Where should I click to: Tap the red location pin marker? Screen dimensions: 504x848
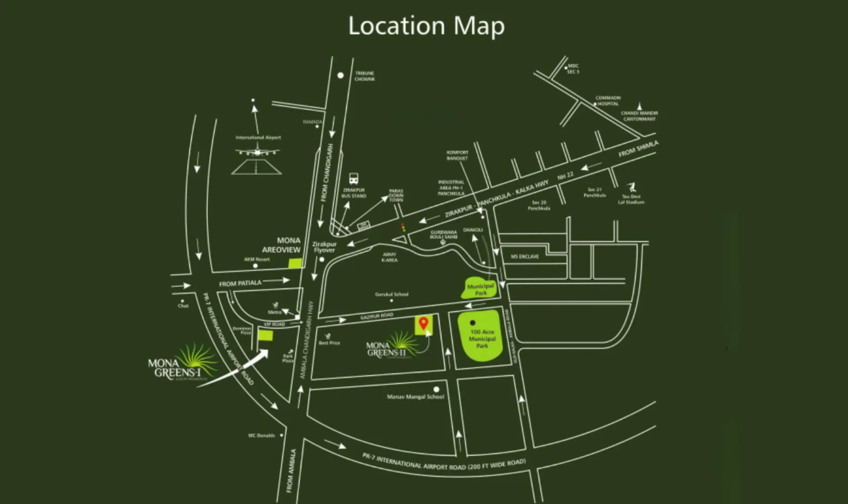(424, 323)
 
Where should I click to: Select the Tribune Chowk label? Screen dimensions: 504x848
(364, 76)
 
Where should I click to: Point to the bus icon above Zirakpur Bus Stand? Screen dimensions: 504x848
(354, 178)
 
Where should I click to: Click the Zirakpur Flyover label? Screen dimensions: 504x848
(324, 247)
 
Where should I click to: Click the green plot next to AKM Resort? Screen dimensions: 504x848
(295, 264)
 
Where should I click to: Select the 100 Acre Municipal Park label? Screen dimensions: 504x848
(482, 339)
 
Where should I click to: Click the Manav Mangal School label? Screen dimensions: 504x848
(415, 397)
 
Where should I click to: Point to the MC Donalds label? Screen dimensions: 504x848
(261, 436)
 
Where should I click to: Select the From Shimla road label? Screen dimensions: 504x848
(638, 149)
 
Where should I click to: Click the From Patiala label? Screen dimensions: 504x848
(240, 283)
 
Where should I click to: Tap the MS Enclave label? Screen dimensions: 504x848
(525, 257)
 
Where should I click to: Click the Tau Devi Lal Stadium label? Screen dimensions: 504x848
(631, 199)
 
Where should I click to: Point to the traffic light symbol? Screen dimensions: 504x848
(403, 227)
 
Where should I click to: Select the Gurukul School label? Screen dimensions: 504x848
(392, 294)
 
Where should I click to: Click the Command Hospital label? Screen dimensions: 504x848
(608, 101)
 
